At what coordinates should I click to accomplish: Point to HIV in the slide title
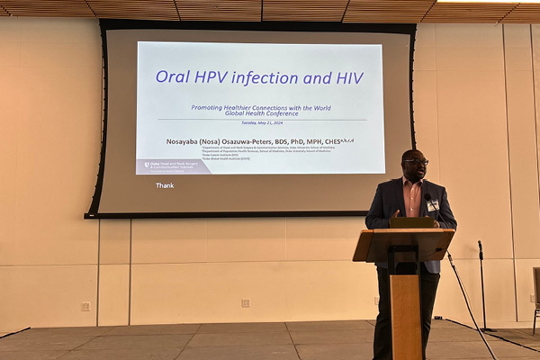coord(346,77)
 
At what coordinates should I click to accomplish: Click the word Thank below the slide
coord(165,185)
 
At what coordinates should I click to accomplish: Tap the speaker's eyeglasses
coord(417,162)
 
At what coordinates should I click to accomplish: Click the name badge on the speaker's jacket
coord(433,205)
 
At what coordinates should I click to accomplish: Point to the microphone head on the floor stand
coord(480,245)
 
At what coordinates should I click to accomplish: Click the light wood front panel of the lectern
coord(405,310)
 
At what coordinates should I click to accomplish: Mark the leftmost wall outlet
coord(85,306)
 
